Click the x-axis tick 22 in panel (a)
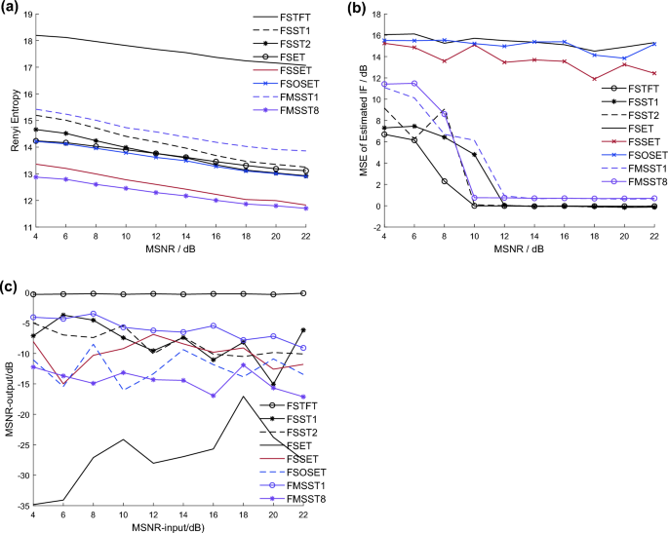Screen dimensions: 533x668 [305, 237]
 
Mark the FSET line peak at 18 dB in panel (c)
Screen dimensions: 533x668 [243, 397]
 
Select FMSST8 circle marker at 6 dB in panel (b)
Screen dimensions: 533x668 [414, 84]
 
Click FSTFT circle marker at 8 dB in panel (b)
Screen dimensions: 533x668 [445, 181]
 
